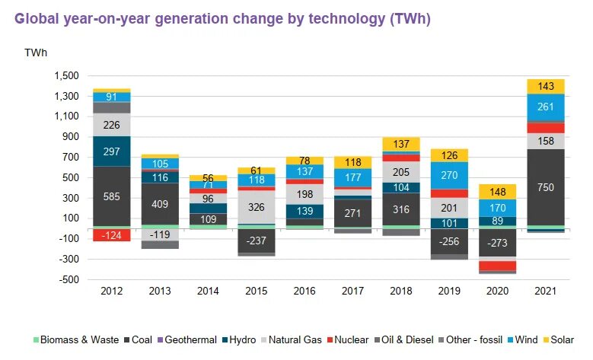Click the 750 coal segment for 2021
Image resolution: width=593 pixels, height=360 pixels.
click(x=546, y=187)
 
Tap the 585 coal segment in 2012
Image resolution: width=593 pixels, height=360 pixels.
click(x=112, y=196)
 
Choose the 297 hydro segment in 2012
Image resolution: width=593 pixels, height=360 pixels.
click(x=112, y=151)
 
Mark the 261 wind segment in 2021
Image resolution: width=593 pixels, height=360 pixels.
click(x=546, y=107)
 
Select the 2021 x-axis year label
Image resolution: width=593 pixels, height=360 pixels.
click(x=546, y=292)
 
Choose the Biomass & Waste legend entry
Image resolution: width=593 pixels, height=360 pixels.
click(x=75, y=340)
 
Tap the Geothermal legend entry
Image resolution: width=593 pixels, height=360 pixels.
click(x=190, y=340)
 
